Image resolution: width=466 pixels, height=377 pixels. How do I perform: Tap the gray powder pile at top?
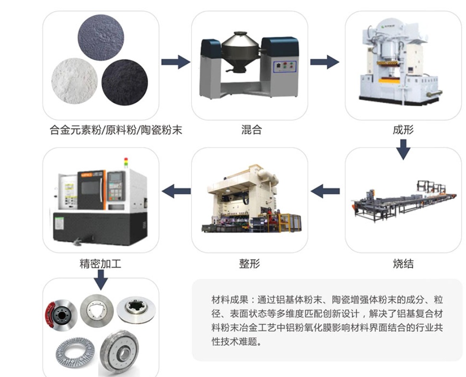101,38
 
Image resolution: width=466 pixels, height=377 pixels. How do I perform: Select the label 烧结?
403,264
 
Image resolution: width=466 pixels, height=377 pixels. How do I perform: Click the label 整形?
249,264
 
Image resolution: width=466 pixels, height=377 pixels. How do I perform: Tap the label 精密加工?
101,264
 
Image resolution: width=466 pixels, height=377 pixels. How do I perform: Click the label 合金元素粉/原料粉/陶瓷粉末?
116,130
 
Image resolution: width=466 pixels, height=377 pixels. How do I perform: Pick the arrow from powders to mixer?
175,62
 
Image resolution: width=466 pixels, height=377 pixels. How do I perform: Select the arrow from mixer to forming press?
324,62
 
